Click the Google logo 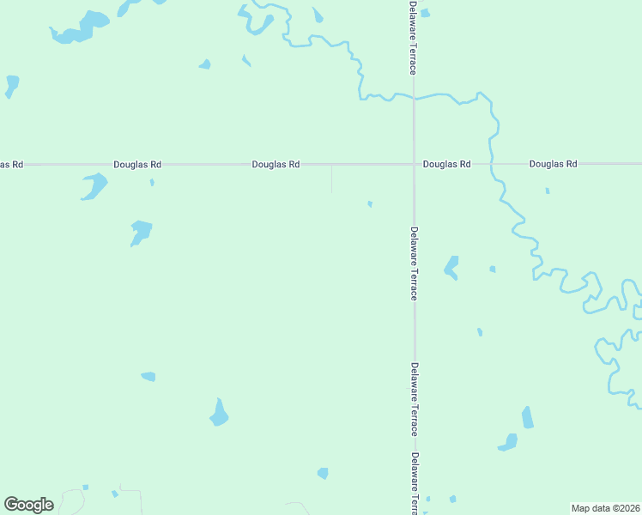click(29, 505)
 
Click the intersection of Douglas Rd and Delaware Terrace click(414, 163)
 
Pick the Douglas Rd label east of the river click(554, 163)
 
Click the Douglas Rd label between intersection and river click(446, 163)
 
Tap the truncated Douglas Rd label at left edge click(11, 163)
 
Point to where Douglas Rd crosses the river click(492, 163)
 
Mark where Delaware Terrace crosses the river click(414, 97)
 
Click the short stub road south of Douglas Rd click(332, 178)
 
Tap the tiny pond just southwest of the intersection click(370, 203)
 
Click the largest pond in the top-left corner click(82, 27)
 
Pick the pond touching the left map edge click(11, 85)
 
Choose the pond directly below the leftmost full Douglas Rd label click(94, 185)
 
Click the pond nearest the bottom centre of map click(323, 473)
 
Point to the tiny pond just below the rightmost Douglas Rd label click(548, 191)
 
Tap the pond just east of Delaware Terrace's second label click(451, 267)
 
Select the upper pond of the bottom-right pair click(528, 418)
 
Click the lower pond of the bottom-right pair click(509, 443)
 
